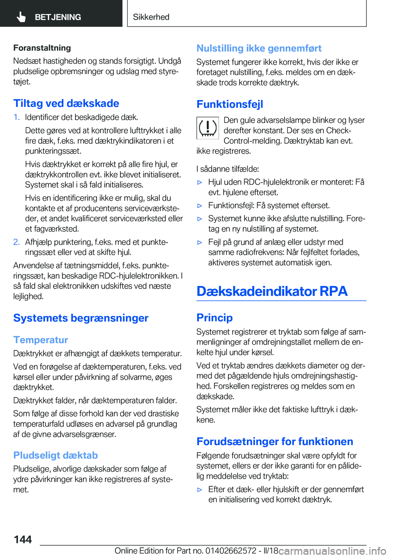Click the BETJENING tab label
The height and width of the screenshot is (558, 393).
pyautogui.click(x=58, y=17)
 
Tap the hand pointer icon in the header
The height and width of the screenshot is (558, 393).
pyautogui.click(x=21, y=17)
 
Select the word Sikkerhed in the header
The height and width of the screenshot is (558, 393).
pyautogui.click(x=151, y=17)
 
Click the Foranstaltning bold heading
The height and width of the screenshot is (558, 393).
pyautogui.click(x=42, y=48)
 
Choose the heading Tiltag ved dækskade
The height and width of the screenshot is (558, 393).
pyautogui.click(x=66, y=103)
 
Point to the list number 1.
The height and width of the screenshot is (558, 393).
pyautogui.click(x=16, y=118)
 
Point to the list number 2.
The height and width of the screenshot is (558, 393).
pyautogui.click(x=16, y=242)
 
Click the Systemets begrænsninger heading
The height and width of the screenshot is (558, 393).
pyautogui.click(x=81, y=318)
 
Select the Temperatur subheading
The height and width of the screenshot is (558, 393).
pyautogui.click(x=41, y=340)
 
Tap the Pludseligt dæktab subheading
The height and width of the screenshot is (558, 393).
pyautogui.click(x=56, y=455)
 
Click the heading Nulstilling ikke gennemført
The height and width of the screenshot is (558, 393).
pyautogui.click(x=259, y=48)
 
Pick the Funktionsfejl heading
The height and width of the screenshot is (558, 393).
pyautogui.click(x=230, y=104)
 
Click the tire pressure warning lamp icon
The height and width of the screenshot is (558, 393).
pyautogui.click(x=208, y=127)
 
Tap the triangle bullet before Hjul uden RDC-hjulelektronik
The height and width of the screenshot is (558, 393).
pyautogui.click(x=200, y=182)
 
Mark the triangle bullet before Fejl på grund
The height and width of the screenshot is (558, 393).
pyautogui.click(x=200, y=243)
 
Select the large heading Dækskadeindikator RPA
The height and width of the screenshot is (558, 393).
pyautogui.click(x=272, y=291)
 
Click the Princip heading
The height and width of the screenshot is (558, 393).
pyautogui.click(x=215, y=318)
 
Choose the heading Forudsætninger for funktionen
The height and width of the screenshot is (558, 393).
pyautogui.click(x=275, y=441)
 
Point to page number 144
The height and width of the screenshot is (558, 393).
pyautogui.click(x=23, y=540)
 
